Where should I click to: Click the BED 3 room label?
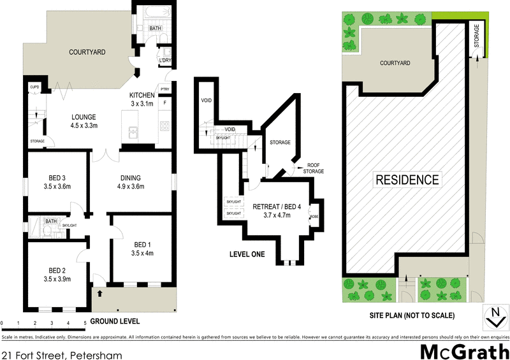58,177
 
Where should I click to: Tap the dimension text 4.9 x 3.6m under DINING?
131,187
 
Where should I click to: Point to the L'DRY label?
165,61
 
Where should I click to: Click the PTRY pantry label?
164,89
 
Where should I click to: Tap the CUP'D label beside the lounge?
35,87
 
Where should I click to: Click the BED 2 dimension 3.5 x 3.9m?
58,279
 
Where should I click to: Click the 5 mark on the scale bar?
85,324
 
